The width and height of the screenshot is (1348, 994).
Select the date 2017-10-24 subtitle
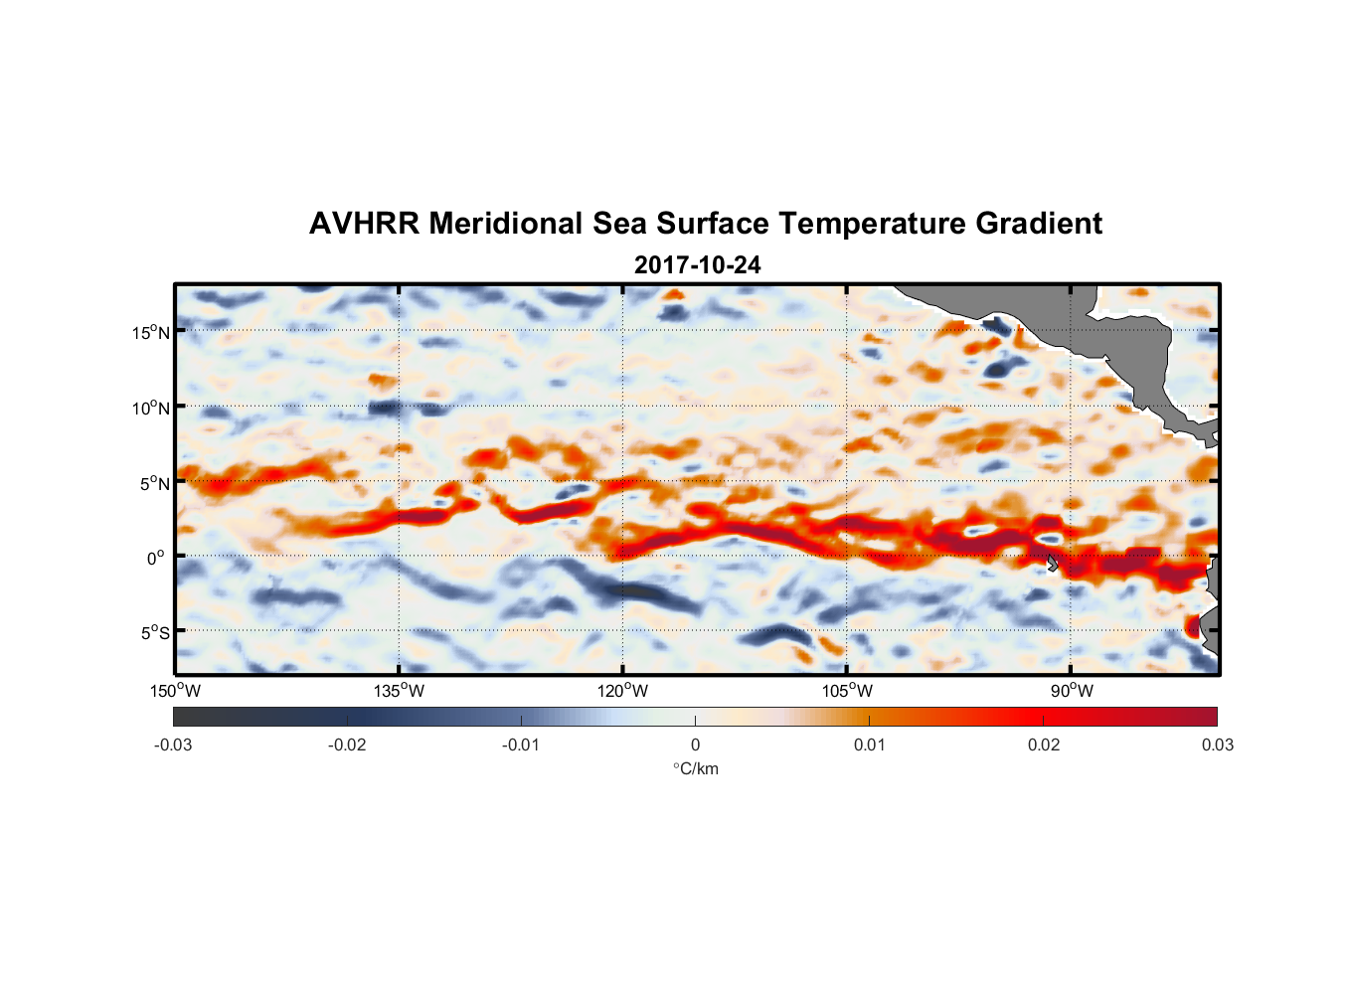(697, 265)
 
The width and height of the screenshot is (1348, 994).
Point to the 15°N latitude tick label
(151, 332)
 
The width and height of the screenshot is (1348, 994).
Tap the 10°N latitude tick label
(151, 408)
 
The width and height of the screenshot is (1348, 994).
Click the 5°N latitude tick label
(155, 483)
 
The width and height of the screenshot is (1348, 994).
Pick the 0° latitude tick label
(156, 558)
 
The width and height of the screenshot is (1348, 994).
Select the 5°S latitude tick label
(155, 632)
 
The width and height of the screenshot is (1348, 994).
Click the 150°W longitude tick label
(175, 691)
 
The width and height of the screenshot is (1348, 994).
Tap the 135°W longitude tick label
(399, 691)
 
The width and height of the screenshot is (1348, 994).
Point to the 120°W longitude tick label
(622, 691)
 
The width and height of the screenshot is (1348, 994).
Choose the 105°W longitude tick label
(847, 691)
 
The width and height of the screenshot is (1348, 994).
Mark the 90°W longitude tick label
(1072, 691)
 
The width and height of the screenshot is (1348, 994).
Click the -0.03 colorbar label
(173, 745)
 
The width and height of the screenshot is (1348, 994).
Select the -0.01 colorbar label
(521, 745)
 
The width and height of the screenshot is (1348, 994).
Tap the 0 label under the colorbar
(695, 745)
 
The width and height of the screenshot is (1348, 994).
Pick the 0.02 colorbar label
(1044, 745)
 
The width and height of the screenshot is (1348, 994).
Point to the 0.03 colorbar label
(1217, 745)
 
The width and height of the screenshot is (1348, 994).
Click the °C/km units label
(695, 768)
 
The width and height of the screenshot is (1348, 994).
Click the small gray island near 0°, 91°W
(1052, 563)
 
